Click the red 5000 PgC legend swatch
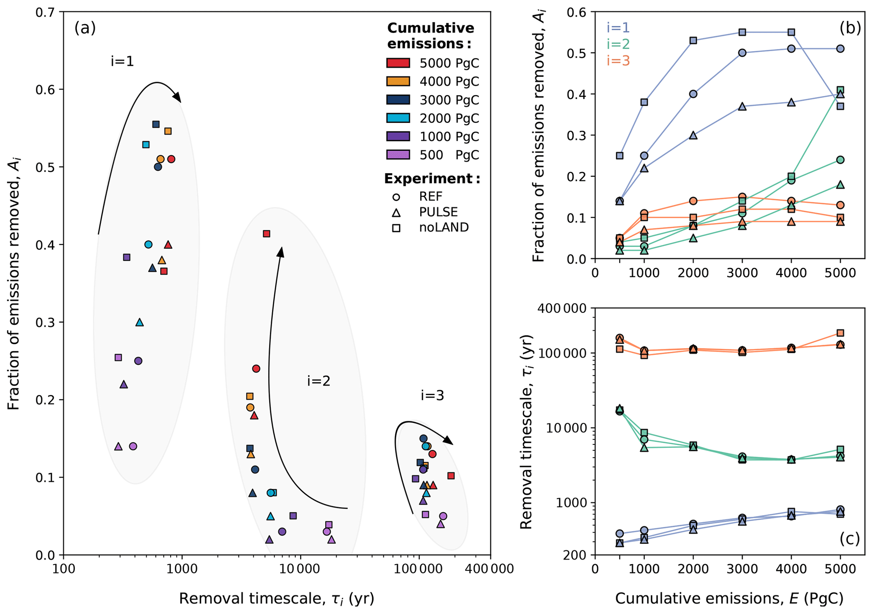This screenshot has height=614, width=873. (x=398, y=63)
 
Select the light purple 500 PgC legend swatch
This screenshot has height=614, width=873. (x=398, y=155)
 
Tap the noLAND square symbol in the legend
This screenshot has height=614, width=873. (x=396, y=228)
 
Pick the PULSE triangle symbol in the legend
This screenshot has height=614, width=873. (x=396, y=212)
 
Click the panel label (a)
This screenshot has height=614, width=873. (x=85, y=28)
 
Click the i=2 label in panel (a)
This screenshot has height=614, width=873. (x=318, y=381)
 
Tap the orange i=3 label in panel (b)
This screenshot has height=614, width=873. (x=618, y=61)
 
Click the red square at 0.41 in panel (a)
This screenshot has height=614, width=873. (x=267, y=234)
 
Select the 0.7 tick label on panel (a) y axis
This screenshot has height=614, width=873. (x=47, y=12)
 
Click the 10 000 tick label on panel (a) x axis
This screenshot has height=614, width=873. (x=300, y=569)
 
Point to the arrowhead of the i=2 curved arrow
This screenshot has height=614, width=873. (x=281, y=251)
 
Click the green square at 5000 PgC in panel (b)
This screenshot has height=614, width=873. (x=840, y=90)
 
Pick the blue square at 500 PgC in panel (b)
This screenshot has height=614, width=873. (x=620, y=156)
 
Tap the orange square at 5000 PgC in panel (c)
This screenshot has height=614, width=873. (x=840, y=333)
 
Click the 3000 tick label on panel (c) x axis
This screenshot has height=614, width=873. (x=742, y=569)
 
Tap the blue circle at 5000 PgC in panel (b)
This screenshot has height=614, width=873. (x=840, y=49)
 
